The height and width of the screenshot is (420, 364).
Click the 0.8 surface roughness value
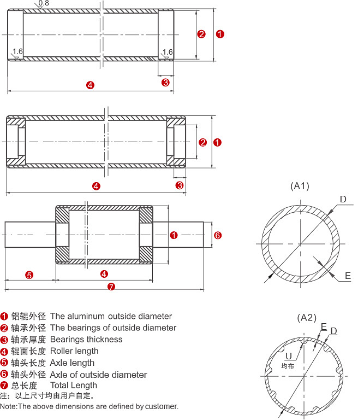44,3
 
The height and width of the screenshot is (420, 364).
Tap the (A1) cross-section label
300,186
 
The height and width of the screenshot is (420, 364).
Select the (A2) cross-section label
307,317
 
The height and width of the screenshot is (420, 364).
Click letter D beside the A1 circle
343,200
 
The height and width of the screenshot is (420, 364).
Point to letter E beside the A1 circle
347,276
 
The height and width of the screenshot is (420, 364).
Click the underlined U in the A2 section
288,357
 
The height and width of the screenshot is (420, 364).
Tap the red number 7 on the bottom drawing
111,286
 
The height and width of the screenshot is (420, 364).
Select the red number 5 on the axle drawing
29,274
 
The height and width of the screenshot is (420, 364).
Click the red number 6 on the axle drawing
217,235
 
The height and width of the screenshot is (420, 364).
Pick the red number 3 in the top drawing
165,83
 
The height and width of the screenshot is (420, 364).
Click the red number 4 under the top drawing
91,85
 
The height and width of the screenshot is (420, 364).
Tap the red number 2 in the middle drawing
202,143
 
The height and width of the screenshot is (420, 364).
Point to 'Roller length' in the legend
74,351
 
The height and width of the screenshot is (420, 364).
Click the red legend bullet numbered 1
4,317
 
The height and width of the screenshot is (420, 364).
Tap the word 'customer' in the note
162,406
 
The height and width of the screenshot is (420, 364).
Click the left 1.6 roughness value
17,52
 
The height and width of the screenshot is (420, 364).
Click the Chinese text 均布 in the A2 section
288,366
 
